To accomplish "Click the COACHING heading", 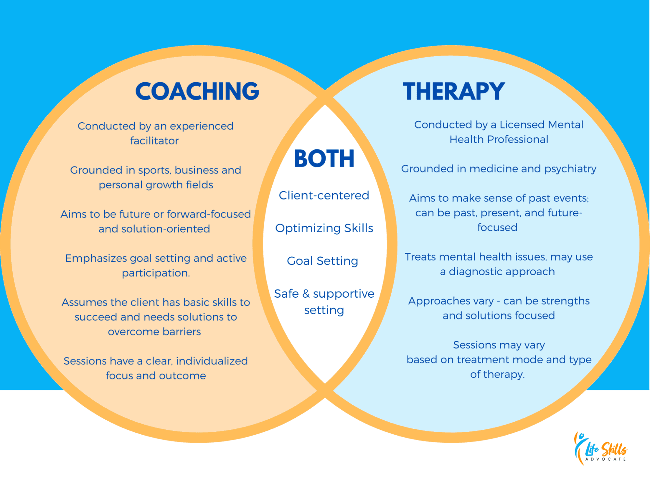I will click(197, 91).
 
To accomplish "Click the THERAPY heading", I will click(454, 91).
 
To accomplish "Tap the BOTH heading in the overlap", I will click(324, 159).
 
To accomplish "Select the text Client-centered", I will click(324, 196).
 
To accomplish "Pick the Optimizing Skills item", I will click(324, 228).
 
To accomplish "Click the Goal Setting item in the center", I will click(322, 261).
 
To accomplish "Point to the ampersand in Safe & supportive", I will click(306, 294).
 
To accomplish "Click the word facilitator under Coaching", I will click(154, 141).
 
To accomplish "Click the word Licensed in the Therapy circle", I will click(522, 125).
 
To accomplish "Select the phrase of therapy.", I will click(497, 374).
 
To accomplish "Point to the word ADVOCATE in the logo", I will click(605, 459).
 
